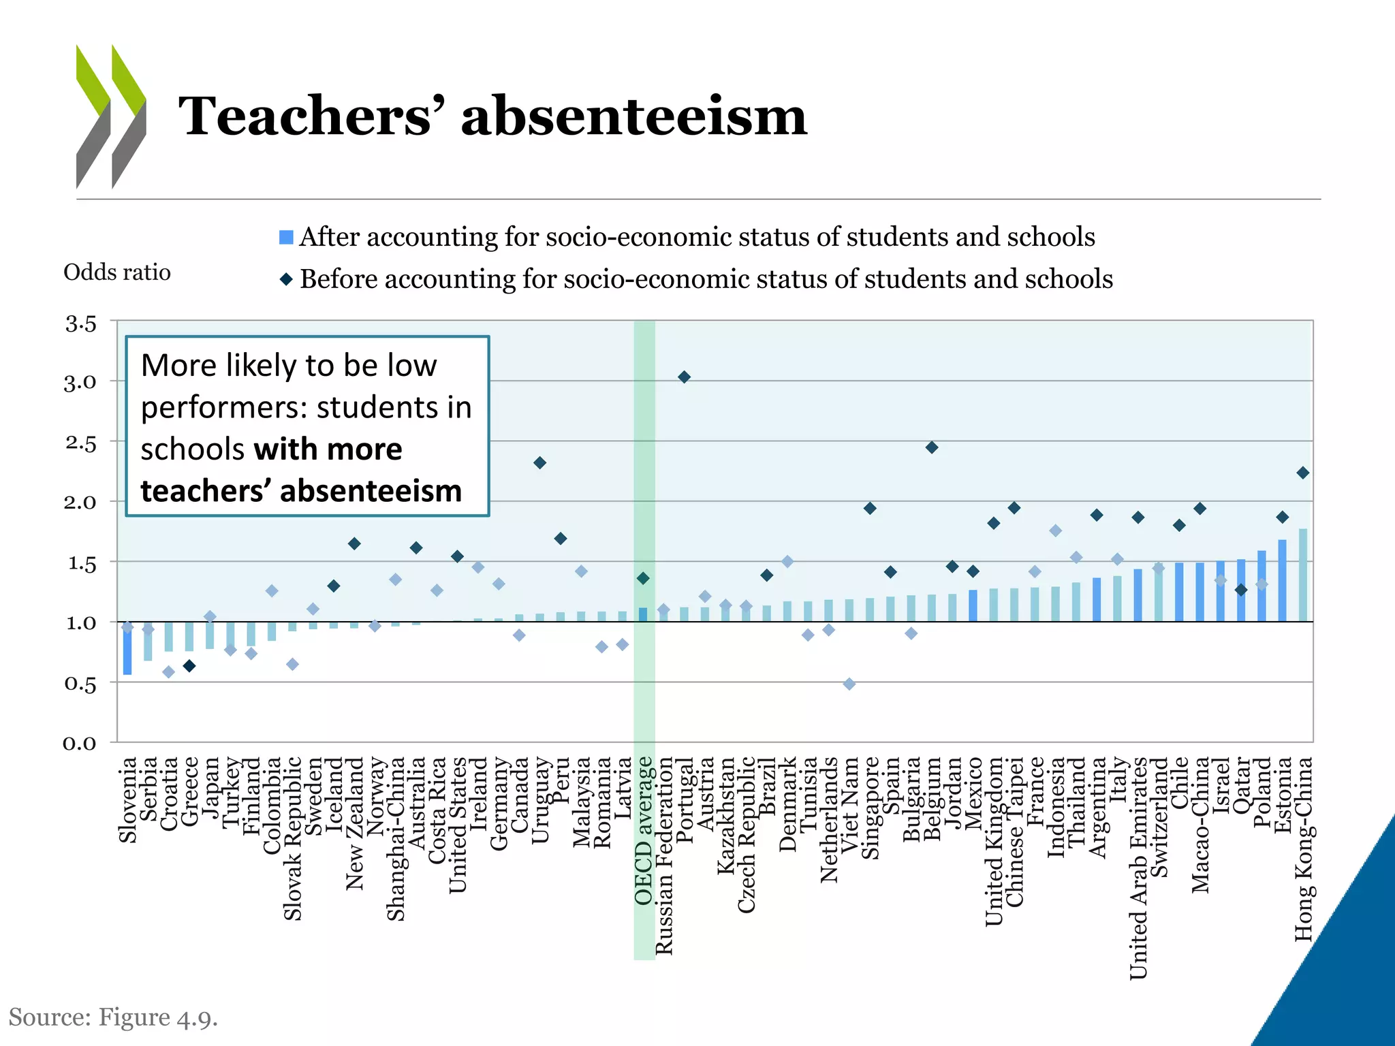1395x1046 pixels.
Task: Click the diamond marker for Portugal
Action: (685, 377)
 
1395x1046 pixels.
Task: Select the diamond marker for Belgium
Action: (932, 447)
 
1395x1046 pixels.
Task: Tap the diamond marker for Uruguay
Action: (539, 463)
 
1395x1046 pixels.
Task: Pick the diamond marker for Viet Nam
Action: (849, 684)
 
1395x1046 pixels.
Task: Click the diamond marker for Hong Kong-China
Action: (1302, 473)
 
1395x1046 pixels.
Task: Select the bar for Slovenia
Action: (127, 648)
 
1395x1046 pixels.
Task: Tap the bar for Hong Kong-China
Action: (1302, 575)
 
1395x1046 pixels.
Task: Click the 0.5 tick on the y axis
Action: (80, 684)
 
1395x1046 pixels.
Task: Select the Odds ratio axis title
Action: (117, 272)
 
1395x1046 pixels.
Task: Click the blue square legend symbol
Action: (286, 238)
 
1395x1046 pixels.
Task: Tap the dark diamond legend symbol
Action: (287, 279)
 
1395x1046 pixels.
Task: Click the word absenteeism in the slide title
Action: (633, 116)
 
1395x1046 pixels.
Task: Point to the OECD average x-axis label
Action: (644, 831)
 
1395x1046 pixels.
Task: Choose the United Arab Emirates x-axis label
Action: (1138, 868)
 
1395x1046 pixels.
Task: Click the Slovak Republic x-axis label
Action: (292, 839)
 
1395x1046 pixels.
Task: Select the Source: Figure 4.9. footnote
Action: (113, 1017)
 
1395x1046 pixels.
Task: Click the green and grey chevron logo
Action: (111, 116)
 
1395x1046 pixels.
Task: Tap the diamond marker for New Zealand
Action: (354, 543)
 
